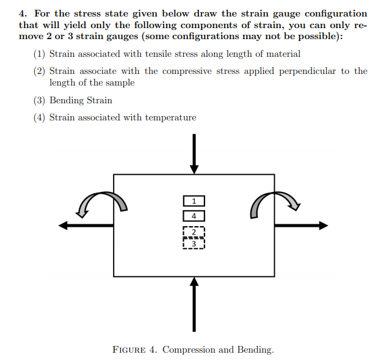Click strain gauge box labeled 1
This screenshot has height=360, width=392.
tap(194, 200)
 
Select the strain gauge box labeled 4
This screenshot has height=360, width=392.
tap(194, 216)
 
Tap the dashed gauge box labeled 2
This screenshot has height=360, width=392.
tap(194, 232)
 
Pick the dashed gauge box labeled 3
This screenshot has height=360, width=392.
tap(194, 243)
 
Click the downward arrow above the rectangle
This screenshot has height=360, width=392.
tap(194, 153)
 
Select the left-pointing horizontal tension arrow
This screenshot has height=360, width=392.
tap(86, 226)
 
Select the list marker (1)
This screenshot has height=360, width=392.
tap(40, 54)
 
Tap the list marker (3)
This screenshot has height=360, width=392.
tap(40, 100)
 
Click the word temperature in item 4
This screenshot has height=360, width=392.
tap(170, 117)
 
